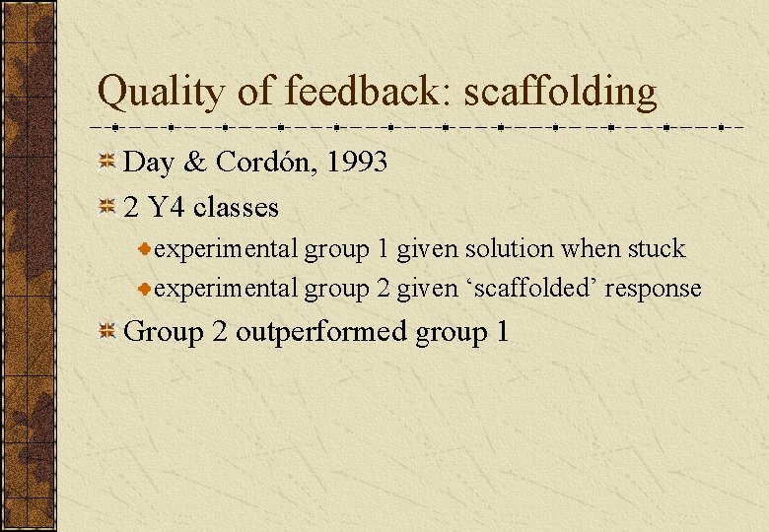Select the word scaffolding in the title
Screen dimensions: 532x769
[560, 93]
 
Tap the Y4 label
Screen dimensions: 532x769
[167, 208]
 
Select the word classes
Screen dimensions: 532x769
[237, 208]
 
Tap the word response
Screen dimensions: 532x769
[654, 289]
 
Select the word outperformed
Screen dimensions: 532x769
[321, 331]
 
